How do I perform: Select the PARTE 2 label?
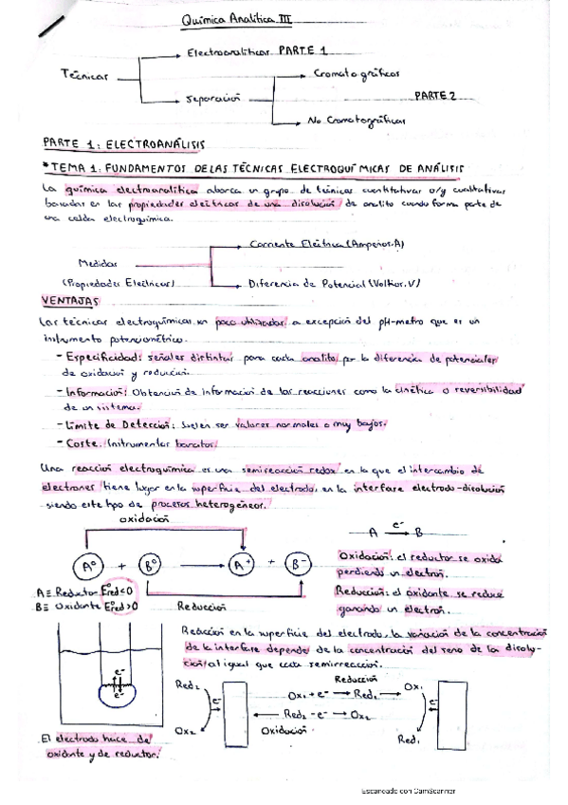(x=435, y=95)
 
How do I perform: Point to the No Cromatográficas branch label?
(x=356, y=122)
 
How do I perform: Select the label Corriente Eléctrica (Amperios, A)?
(x=326, y=245)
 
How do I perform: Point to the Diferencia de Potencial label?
(x=332, y=284)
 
